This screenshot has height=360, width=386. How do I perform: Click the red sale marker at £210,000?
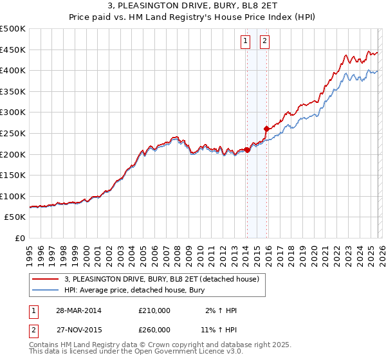(247, 150)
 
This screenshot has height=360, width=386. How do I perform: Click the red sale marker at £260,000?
(266, 129)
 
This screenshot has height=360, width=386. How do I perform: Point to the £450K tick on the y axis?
(13, 50)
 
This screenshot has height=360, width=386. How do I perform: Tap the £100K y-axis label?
(13, 196)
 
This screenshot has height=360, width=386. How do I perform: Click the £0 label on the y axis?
(19, 238)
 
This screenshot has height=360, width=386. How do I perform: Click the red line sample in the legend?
(46, 279)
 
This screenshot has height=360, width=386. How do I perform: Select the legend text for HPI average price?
(134, 290)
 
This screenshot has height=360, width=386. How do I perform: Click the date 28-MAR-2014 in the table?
(78, 310)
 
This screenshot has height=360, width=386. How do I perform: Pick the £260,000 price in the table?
(154, 330)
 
